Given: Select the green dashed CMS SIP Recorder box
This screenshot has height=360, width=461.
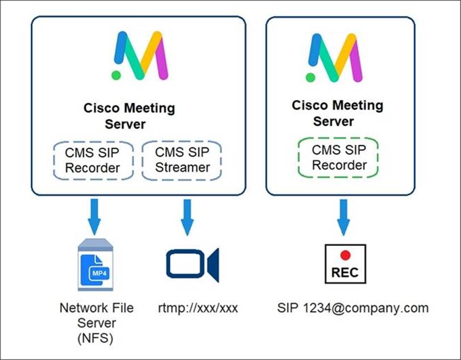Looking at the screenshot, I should pos(338,158).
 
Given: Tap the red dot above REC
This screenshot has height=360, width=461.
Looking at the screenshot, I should pos(345,256).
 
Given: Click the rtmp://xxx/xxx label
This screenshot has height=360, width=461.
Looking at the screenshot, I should pos(197,308).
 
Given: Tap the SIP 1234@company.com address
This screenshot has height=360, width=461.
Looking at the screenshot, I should pos(353,308).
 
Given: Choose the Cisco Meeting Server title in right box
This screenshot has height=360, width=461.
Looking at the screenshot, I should pos(337,113).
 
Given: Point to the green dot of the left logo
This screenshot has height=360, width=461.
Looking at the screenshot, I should pos(116,74).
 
